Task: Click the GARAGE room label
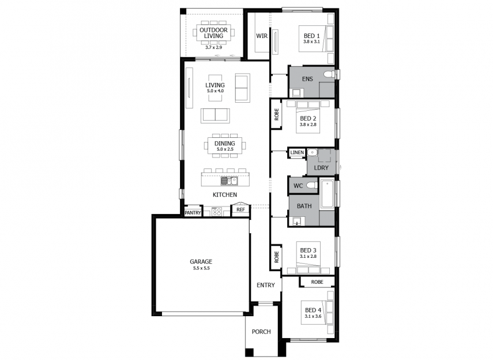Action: point(201,261)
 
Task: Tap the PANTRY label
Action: point(193,213)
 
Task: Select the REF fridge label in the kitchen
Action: point(240,209)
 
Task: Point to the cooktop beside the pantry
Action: point(217,212)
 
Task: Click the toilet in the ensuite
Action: point(329,74)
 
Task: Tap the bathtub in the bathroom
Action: point(328,194)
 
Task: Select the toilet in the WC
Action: point(313,185)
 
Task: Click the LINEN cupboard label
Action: point(297,153)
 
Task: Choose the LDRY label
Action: point(321,168)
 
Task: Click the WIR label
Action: point(262,36)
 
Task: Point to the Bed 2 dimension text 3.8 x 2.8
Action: point(308,125)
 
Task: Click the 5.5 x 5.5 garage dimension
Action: point(201,268)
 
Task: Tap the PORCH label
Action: point(261,332)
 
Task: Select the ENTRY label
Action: point(266,285)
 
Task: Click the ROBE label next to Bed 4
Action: point(317,282)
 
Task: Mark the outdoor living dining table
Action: point(214,33)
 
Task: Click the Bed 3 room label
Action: point(308,250)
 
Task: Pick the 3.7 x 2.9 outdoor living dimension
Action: point(214,47)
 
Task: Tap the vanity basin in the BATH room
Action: point(297,221)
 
